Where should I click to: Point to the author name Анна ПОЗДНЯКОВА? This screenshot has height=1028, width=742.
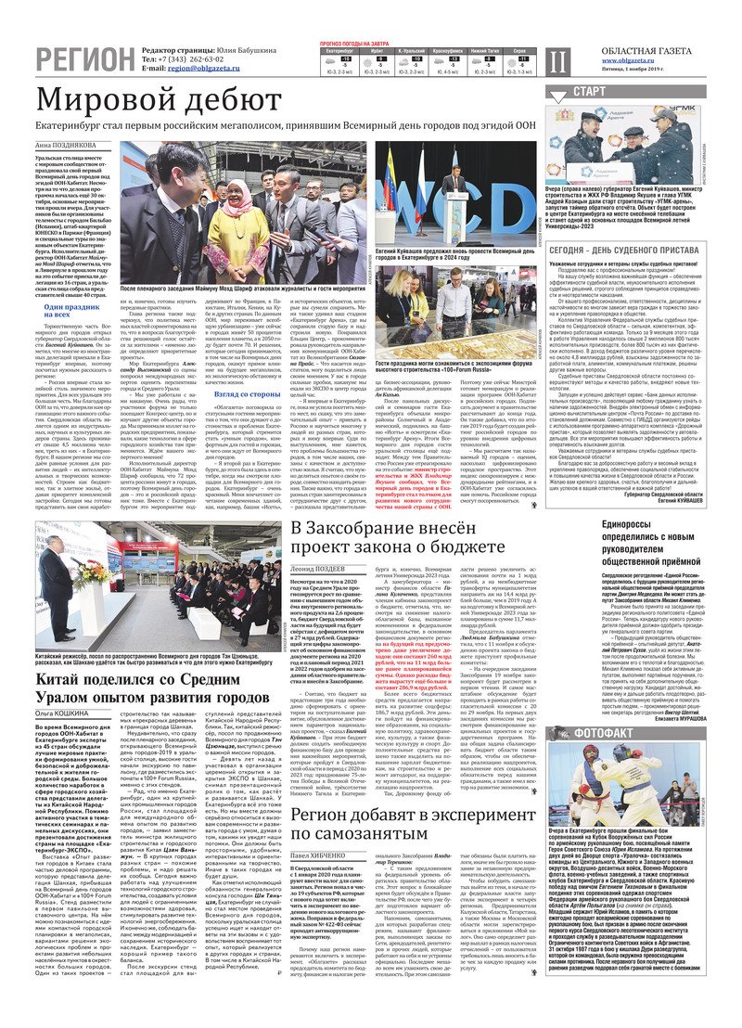[70, 146]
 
